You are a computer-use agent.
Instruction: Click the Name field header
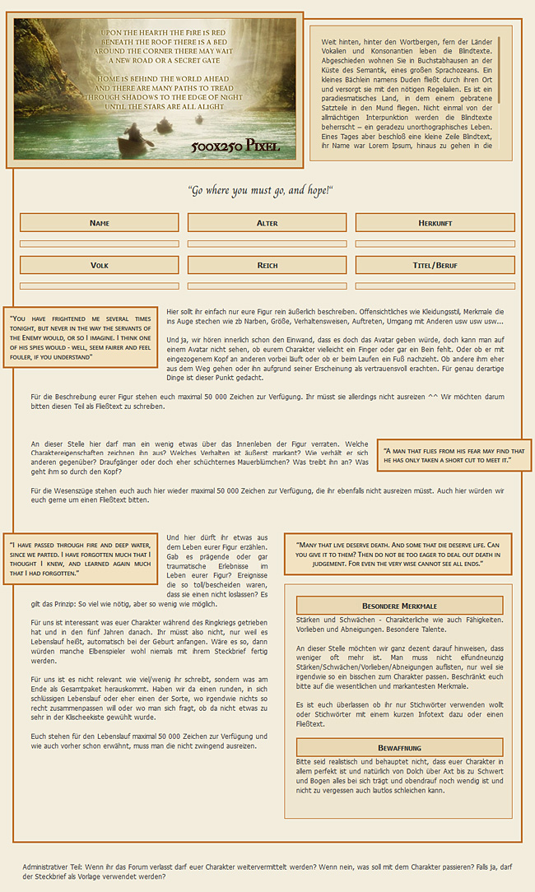tap(100, 223)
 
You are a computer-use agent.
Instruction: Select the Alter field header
tap(267, 223)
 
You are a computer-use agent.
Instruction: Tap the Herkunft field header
tap(435, 223)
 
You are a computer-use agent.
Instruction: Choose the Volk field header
tap(100, 265)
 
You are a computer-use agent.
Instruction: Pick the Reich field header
tap(267, 265)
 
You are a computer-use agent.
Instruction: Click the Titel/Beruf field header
tap(435, 265)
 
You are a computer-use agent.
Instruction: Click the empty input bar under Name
tap(100, 244)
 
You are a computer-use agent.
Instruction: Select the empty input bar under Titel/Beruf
tap(435, 286)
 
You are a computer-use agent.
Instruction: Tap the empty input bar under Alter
tap(267, 244)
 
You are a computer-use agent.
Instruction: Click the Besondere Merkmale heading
tap(399, 606)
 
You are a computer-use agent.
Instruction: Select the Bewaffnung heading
tap(399, 747)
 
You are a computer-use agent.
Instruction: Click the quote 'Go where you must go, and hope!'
tap(260, 190)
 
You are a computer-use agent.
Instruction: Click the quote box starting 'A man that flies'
tap(454, 455)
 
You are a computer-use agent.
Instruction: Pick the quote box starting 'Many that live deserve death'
tap(398, 555)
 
